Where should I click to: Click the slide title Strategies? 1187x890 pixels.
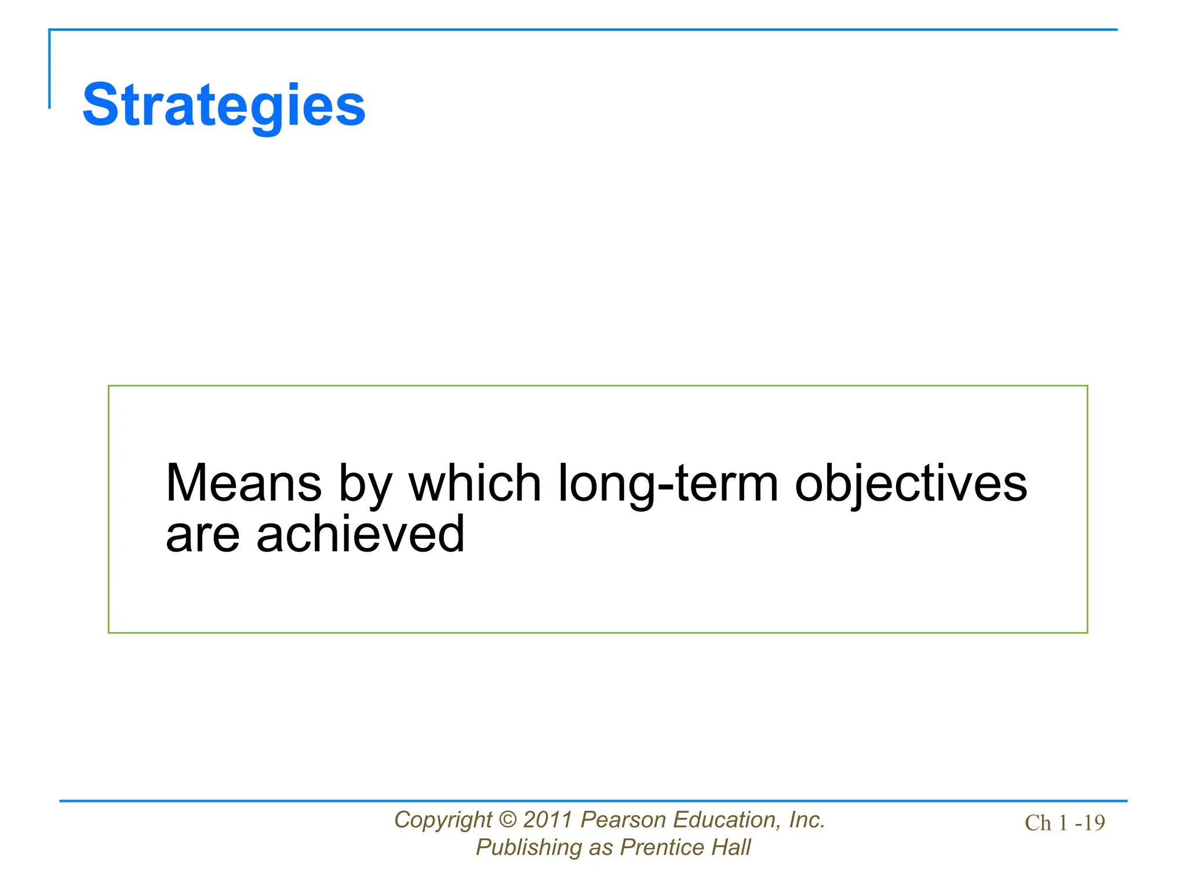224,105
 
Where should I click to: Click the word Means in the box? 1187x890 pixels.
243,483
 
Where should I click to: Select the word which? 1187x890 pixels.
475,483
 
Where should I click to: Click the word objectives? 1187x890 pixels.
911,484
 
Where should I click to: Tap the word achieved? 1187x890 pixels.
360,534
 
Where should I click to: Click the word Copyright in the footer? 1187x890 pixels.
443,820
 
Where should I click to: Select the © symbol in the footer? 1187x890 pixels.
507,820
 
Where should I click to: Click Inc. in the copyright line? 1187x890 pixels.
807,820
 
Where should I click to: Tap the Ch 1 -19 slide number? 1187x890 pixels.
1065,823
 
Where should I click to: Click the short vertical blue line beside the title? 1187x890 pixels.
49,70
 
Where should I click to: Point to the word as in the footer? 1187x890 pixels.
600,848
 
